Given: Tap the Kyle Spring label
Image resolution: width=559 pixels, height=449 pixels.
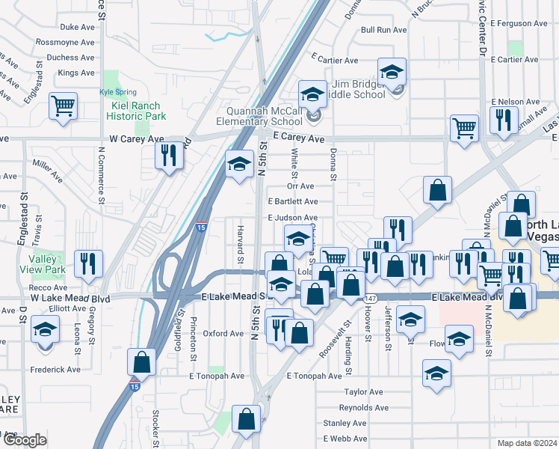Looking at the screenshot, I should tap(115, 92).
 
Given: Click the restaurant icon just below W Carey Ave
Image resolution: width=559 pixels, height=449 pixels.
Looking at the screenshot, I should tap(168, 155).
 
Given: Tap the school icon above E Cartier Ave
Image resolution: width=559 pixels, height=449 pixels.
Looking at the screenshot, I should tap(392, 72).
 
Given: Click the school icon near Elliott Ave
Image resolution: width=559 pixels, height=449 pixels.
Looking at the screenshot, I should tap(46, 329).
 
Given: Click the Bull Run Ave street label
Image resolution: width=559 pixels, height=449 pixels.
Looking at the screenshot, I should tap(383, 30).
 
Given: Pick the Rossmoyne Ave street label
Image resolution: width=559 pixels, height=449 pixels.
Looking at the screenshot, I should tap(65, 42).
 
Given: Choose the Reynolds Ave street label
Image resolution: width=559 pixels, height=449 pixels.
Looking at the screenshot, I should tap(364, 408).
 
